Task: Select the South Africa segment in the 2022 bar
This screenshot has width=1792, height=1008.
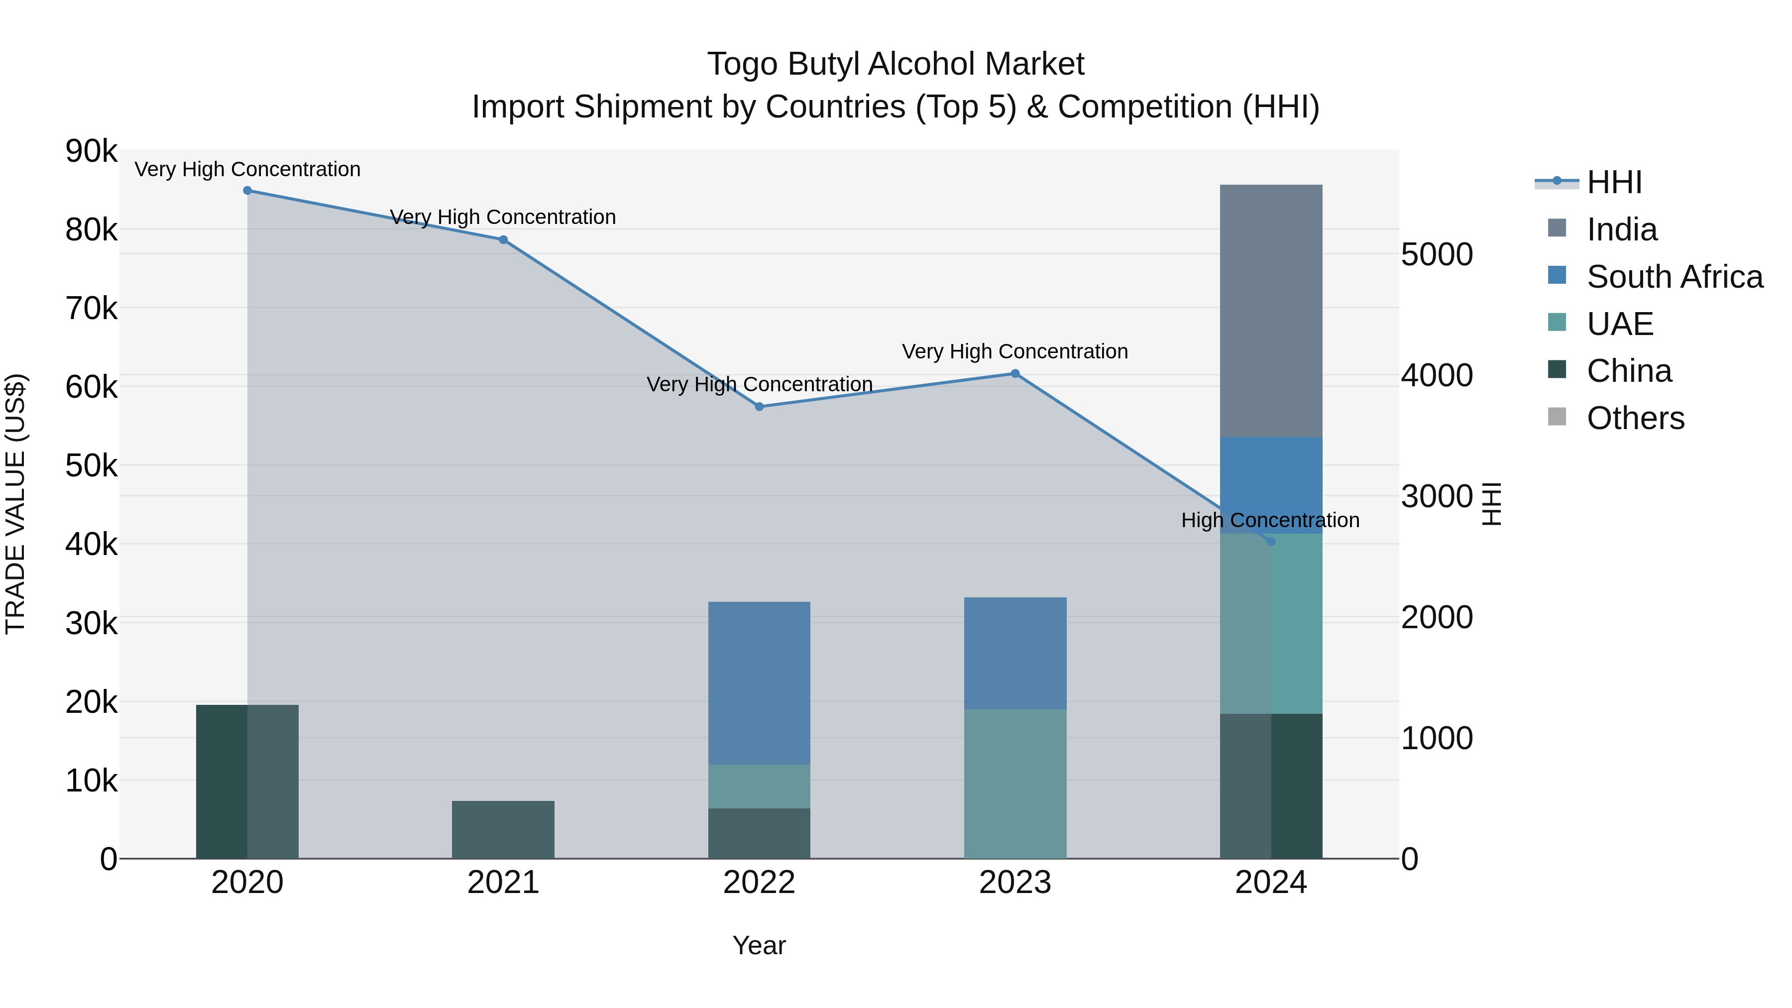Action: tap(759, 682)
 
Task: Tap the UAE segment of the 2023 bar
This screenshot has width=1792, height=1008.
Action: tap(1015, 784)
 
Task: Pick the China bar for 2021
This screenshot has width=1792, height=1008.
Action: tap(503, 829)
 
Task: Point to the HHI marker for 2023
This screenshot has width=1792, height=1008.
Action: tap(1015, 373)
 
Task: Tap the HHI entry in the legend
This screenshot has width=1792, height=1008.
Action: tap(1614, 182)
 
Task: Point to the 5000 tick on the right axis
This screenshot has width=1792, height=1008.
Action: tap(1437, 254)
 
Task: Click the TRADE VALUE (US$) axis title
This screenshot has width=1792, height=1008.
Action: tap(16, 504)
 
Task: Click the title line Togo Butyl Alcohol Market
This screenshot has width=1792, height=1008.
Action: tap(896, 65)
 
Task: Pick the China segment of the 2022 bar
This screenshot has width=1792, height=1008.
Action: tap(759, 833)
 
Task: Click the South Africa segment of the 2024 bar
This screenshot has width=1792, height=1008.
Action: tap(1271, 485)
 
